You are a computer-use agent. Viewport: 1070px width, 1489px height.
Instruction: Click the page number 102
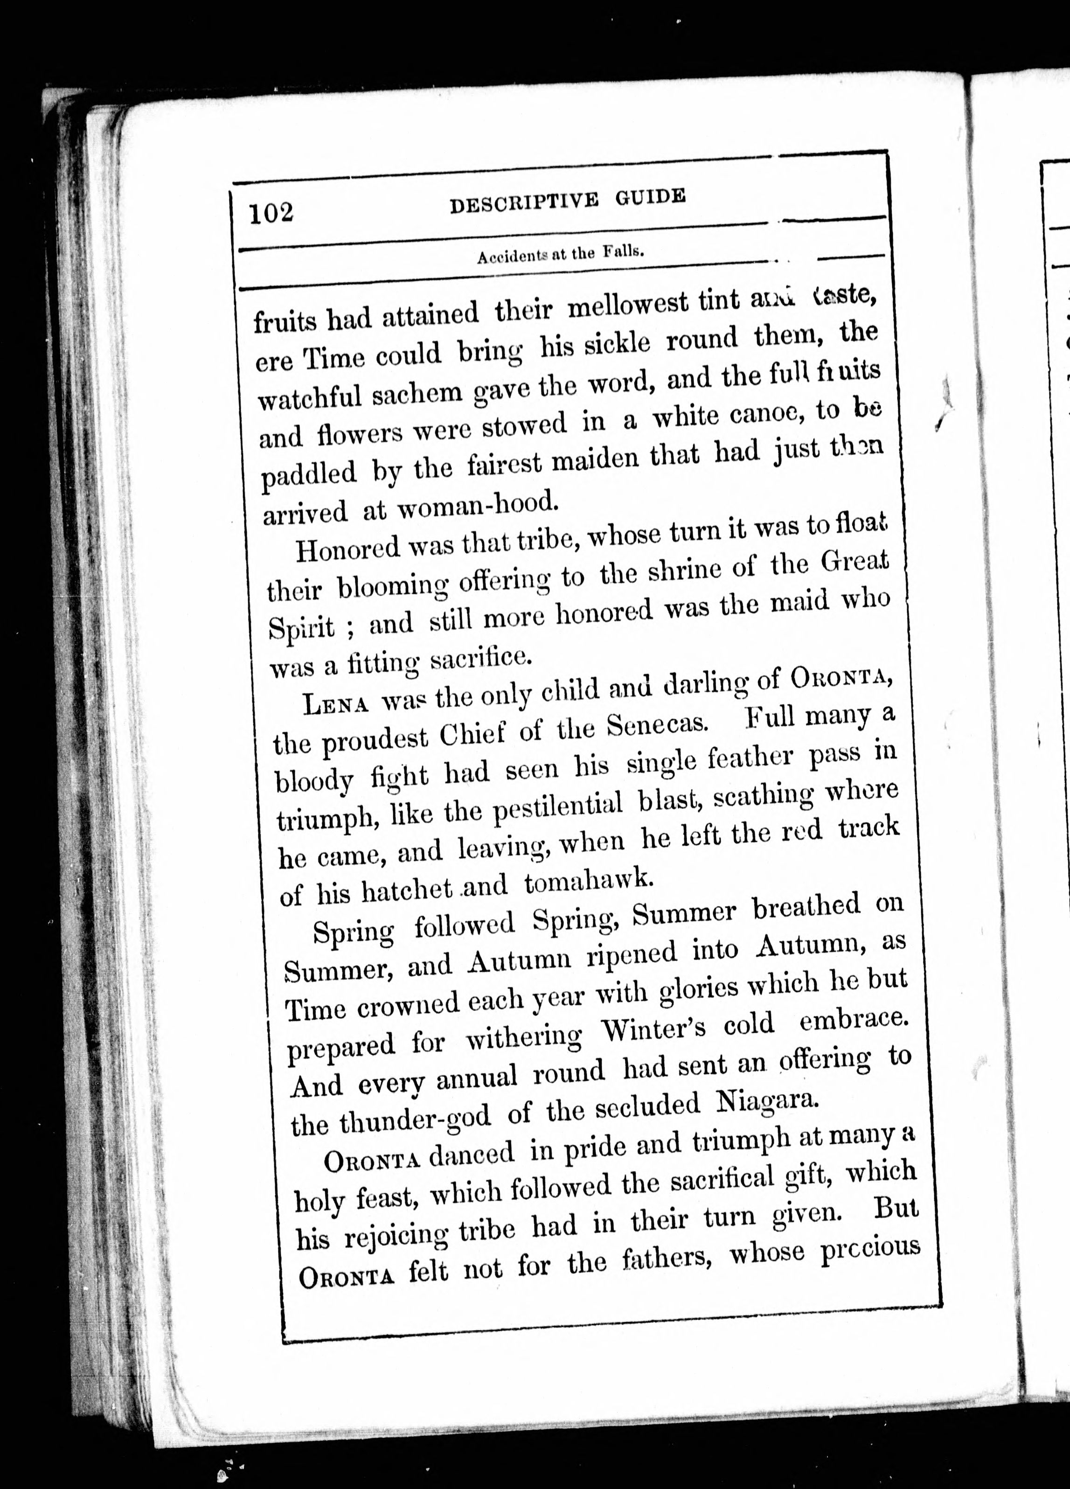tap(271, 213)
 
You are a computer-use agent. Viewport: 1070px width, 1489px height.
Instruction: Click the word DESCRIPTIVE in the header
tap(524, 201)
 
